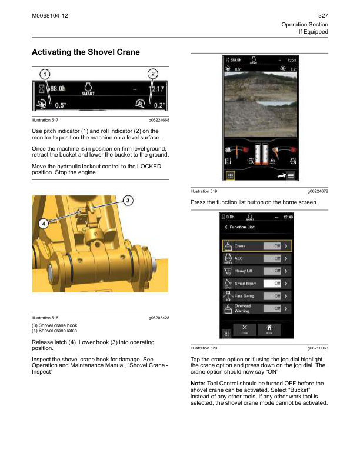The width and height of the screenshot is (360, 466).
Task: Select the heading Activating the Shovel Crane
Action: [85, 52]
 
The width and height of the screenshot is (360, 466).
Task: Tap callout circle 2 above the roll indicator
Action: [152, 74]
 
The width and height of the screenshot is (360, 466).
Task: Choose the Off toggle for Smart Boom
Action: [269, 284]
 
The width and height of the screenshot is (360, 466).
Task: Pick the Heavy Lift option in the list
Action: [244, 271]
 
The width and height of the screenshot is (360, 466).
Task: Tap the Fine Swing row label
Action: [244, 296]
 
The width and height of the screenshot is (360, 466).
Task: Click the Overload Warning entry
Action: [243, 308]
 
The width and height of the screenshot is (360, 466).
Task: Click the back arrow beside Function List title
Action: [226, 227]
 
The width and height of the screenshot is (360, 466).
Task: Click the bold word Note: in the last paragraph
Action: [198, 384]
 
